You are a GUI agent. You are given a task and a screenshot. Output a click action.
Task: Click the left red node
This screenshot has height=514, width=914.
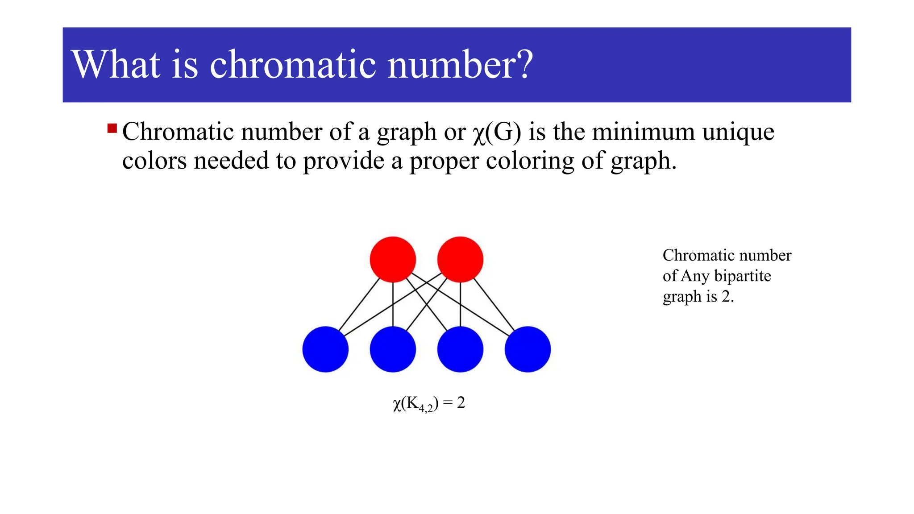point(393,259)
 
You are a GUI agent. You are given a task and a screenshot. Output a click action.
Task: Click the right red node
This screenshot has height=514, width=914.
point(460,259)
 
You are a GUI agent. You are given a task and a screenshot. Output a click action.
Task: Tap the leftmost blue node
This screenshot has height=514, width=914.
point(325,349)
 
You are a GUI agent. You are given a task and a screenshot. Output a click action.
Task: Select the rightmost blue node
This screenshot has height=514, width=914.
point(528,349)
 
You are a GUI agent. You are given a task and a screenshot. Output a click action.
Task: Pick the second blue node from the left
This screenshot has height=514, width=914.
point(393,349)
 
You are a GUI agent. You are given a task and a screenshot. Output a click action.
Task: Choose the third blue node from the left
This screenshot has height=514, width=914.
point(460,349)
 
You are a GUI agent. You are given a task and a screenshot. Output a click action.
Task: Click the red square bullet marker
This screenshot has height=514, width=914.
point(112,129)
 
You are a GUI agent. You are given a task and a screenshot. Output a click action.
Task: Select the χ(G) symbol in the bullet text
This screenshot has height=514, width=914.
point(497,133)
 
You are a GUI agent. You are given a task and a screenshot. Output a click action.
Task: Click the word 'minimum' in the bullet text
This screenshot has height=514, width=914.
point(643,132)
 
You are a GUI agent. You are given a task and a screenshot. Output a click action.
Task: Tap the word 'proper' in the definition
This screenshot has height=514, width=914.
point(444,162)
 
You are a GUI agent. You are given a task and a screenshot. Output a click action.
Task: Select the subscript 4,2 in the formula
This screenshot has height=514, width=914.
point(426,408)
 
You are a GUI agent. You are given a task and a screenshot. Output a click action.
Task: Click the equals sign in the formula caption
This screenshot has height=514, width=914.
point(448,403)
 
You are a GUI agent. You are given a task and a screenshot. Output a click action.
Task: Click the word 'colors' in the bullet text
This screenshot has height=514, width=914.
point(154,161)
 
